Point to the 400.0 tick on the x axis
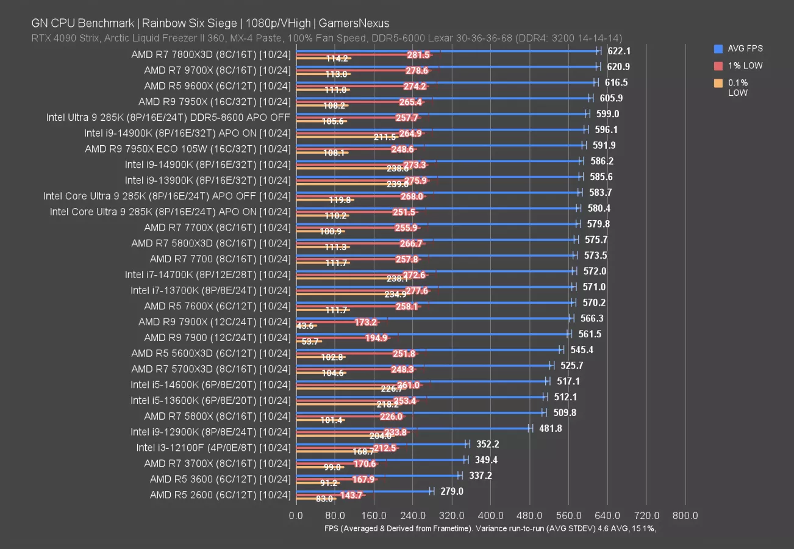coord(490,516)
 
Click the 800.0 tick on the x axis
coord(685,516)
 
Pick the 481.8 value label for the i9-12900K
coord(551,428)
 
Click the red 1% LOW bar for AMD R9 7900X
coord(337,321)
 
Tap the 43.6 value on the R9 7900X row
coord(305,326)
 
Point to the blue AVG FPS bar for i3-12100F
coord(381,443)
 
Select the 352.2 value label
coord(487,444)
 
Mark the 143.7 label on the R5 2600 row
coord(351,495)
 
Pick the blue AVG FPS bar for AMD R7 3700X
coord(380,459)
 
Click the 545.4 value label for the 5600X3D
coord(581,350)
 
